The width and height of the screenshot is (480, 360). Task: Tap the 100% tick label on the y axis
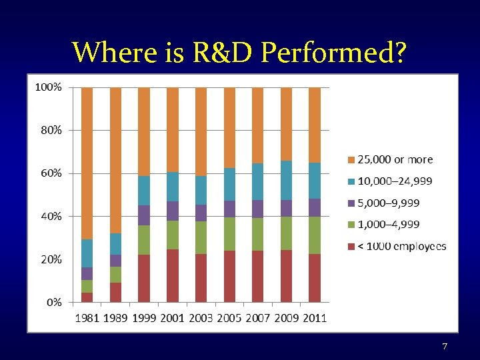point(49,87)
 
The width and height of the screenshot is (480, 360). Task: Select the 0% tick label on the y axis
point(54,302)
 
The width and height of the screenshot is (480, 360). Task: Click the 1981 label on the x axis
point(87,318)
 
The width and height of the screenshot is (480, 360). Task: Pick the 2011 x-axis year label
point(315,318)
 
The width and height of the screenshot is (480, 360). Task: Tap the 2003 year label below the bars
point(201,318)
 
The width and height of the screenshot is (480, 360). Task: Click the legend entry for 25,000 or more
point(395,160)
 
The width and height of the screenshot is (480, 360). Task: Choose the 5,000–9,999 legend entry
point(389,203)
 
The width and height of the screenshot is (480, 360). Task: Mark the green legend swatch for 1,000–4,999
point(351,225)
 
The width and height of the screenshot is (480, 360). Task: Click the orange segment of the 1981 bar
point(87,163)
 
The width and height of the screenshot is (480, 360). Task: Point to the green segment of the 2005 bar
point(229,234)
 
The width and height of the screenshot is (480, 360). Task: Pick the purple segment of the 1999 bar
point(144,215)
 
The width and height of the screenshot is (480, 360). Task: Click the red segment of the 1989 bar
point(115,292)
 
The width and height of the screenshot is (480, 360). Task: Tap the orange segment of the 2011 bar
point(315,125)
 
